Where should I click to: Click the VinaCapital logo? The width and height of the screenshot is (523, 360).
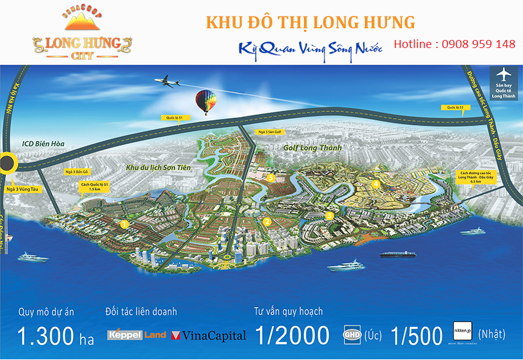pos(209,335)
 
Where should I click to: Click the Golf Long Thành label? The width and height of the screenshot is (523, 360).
pos(312,148)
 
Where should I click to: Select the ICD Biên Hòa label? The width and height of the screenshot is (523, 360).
pos(44,145)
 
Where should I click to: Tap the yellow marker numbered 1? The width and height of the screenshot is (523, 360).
pos(124,224)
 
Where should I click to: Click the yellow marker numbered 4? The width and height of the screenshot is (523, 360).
pos(375,183)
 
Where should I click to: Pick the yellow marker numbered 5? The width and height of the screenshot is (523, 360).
pos(271,178)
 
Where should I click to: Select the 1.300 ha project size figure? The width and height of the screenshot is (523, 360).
pos(55,335)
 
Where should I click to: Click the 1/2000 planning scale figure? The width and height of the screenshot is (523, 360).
pos(292,335)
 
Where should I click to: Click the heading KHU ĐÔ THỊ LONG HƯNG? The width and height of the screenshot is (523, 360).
pos(310,23)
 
